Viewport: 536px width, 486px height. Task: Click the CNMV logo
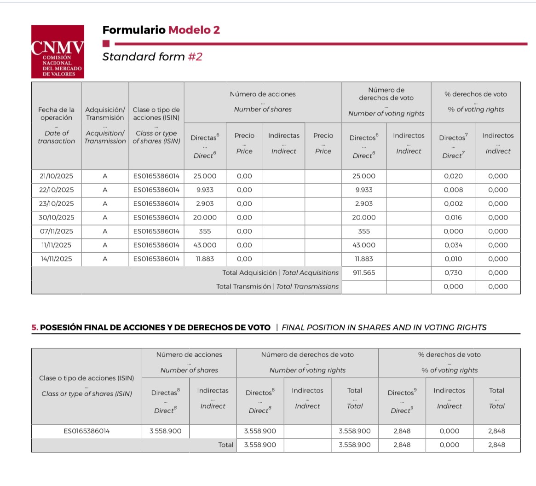pyautogui.click(x=58, y=52)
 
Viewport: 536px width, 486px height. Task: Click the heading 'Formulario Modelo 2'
pyautogui.click(x=161, y=30)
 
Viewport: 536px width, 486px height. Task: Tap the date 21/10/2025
pyautogui.click(x=57, y=176)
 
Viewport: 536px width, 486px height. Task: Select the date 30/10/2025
pyautogui.click(x=57, y=218)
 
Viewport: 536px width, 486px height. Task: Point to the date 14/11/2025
pyautogui.click(x=57, y=259)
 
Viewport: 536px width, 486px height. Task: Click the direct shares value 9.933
pyautogui.click(x=205, y=190)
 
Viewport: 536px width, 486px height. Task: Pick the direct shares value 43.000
pyautogui.click(x=205, y=245)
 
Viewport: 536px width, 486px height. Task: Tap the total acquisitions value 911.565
pyautogui.click(x=364, y=273)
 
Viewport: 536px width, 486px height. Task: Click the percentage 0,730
pyautogui.click(x=453, y=273)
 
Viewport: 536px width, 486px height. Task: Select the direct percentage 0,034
pyautogui.click(x=453, y=245)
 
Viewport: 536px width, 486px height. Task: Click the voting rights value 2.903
pyautogui.click(x=364, y=204)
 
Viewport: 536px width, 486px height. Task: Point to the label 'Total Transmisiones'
pyautogui.click(x=277, y=287)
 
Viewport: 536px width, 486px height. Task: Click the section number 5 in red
pyautogui.click(x=35, y=328)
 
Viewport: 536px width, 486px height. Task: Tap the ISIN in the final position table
pyautogui.click(x=87, y=431)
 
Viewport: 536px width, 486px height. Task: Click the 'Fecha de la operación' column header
pyautogui.click(x=57, y=113)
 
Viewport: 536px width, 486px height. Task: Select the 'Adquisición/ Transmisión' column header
pyautogui.click(x=105, y=113)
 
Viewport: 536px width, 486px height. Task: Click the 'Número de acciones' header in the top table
pyautogui.click(x=263, y=94)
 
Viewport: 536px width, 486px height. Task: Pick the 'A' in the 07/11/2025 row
pyautogui.click(x=105, y=231)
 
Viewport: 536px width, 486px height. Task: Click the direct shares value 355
pyautogui.click(x=205, y=231)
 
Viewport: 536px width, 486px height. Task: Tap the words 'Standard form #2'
pyautogui.click(x=152, y=57)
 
